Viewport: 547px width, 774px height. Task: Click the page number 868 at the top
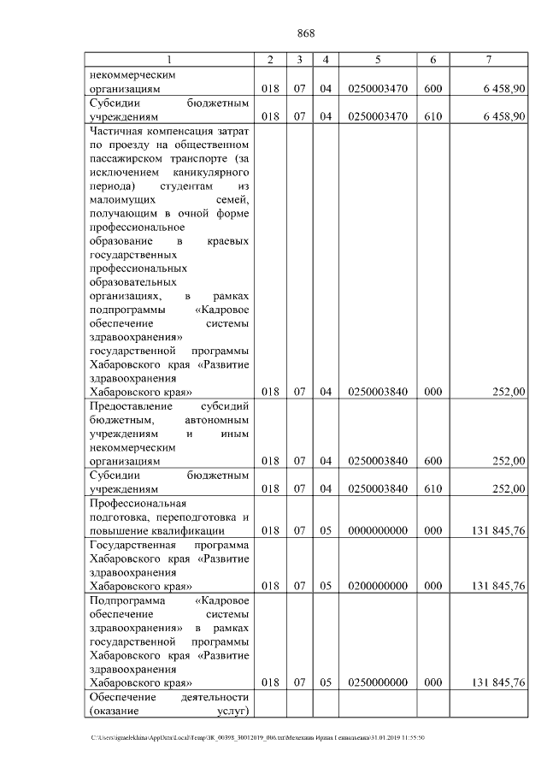[x=306, y=33]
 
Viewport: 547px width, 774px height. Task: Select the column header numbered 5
[x=377, y=59]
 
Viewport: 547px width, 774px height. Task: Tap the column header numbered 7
[x=488, y=59]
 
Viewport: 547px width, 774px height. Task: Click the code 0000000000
[x=377, y=531]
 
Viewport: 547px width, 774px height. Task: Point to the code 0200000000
[x=377, y=586]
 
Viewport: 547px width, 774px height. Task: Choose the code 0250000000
[x=377, y=682]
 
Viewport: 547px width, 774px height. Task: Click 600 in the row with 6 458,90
[x=433, y=88]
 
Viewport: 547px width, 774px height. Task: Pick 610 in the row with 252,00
[x=433, y=488]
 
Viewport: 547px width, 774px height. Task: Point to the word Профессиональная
[x=138, y=504]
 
